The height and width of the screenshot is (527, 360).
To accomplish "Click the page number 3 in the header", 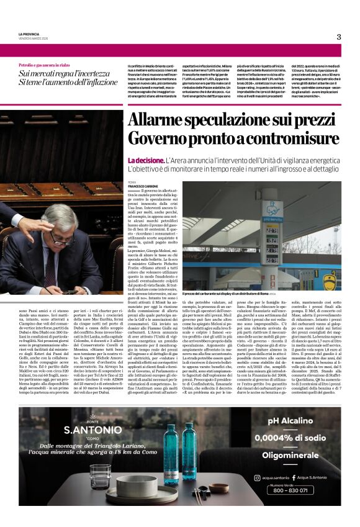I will pyautogui.click(x=339, y=37).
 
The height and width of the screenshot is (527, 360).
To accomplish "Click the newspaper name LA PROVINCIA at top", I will pyautogui.click(x=30, y=34).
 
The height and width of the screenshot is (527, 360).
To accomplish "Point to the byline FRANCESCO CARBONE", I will pyautogui.click(x=145, y=186).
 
